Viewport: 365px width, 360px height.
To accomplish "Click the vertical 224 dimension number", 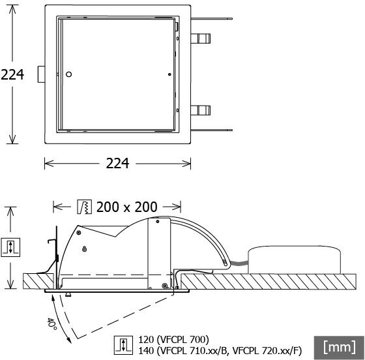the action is point(12,74).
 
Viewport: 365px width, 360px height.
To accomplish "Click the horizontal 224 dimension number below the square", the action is point(117,164).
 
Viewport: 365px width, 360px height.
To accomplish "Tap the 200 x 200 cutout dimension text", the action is point(127,207).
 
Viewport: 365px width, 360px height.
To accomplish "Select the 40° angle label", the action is point(51,324).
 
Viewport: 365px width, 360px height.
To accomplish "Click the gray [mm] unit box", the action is point(339,348).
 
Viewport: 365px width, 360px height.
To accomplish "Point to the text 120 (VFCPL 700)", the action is point(173,340).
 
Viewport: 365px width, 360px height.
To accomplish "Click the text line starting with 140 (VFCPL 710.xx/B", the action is point(220,350).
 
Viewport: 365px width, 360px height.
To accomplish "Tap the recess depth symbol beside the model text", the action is point(123,346).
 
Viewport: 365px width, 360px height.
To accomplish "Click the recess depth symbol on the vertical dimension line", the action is point(10,247).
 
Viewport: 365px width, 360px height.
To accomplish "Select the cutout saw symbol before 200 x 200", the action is point(84,207).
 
